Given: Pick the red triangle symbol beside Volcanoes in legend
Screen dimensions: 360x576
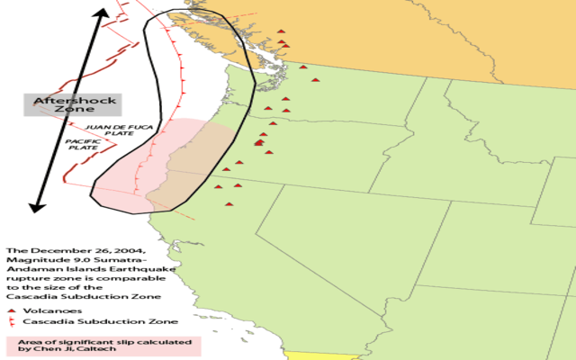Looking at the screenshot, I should (x=11, y=310).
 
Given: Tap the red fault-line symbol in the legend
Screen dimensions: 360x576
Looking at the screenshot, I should (x=11, y=320).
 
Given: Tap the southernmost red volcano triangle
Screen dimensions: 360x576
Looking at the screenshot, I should (x=229, y=204).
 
